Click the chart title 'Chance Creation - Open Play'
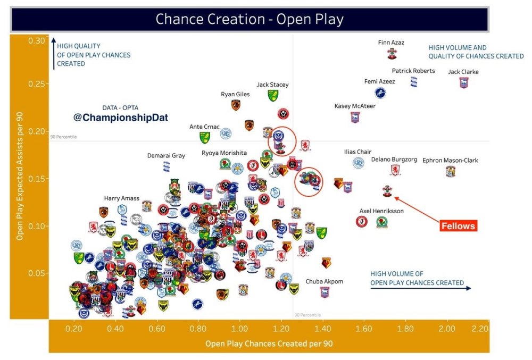click(x=250, y=19)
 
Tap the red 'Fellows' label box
click(x=458, y=225)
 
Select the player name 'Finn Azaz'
click(x=391, y=42)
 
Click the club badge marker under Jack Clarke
click(x=463, y=82)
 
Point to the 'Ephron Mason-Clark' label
click(x=450, y=160)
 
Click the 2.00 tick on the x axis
click(x=447, y=329)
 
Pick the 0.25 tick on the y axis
click(x=38, y=84)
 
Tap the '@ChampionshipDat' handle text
click(x=120, y=118)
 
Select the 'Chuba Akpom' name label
click(x=325, y=281)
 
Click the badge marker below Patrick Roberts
click(x=413, y=82)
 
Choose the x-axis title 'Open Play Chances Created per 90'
click(x=269, y=344)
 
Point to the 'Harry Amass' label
click(x=122, y=198)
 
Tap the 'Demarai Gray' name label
click(x=167, y=156)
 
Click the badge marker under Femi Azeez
click(x=380, y=93)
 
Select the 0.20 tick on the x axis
click(x=73, y=329)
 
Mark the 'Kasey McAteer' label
click(x=355, y=106)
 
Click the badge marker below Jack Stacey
click(x=273, y=95)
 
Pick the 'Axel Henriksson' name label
click(x=381, y=211)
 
